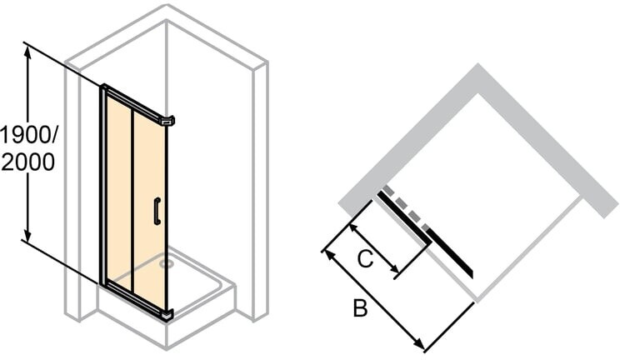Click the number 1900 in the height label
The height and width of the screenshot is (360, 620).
(24, 136)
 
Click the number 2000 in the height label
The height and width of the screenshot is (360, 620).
(28, 162)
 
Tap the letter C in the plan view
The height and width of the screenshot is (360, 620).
(365, 259)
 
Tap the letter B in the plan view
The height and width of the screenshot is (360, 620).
(360, 308)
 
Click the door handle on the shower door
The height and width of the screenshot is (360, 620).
(157, 211)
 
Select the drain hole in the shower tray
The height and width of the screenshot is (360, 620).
(166, 262)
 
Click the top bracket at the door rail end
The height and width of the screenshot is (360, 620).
(167, 120)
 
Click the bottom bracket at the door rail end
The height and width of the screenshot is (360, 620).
(167, 313)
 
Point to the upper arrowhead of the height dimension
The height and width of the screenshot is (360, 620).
(27, 52)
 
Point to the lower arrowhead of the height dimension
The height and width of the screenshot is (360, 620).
(27, 233)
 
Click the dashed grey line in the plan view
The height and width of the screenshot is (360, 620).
(405, 207)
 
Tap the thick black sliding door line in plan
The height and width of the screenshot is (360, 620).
(425, 233)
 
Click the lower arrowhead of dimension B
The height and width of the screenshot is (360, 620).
(418, 344)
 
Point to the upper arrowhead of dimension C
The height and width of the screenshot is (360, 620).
(354, 229)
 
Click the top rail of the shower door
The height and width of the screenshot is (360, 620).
(133, 102)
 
